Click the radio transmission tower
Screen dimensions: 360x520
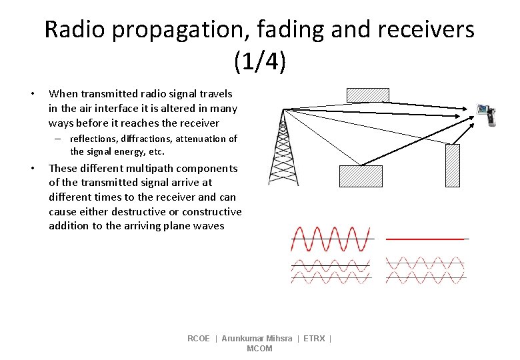(x=283, y=150)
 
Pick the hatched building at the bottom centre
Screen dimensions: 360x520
(x=361, y=175)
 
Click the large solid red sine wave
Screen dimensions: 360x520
(x=331, y=239)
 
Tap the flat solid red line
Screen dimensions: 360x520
(x=425, y=239)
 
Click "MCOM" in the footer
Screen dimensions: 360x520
(x=259, y=349)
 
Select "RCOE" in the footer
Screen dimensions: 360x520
(x=198, y=339)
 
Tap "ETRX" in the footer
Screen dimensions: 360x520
(x=314, y=339)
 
